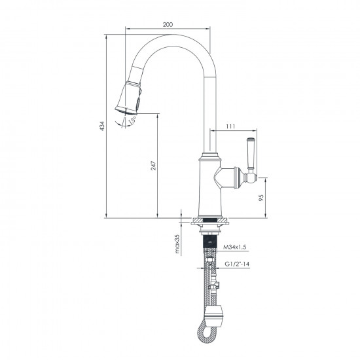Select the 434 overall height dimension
point(101,126)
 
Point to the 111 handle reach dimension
point(230,126)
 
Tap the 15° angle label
point(133,120)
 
